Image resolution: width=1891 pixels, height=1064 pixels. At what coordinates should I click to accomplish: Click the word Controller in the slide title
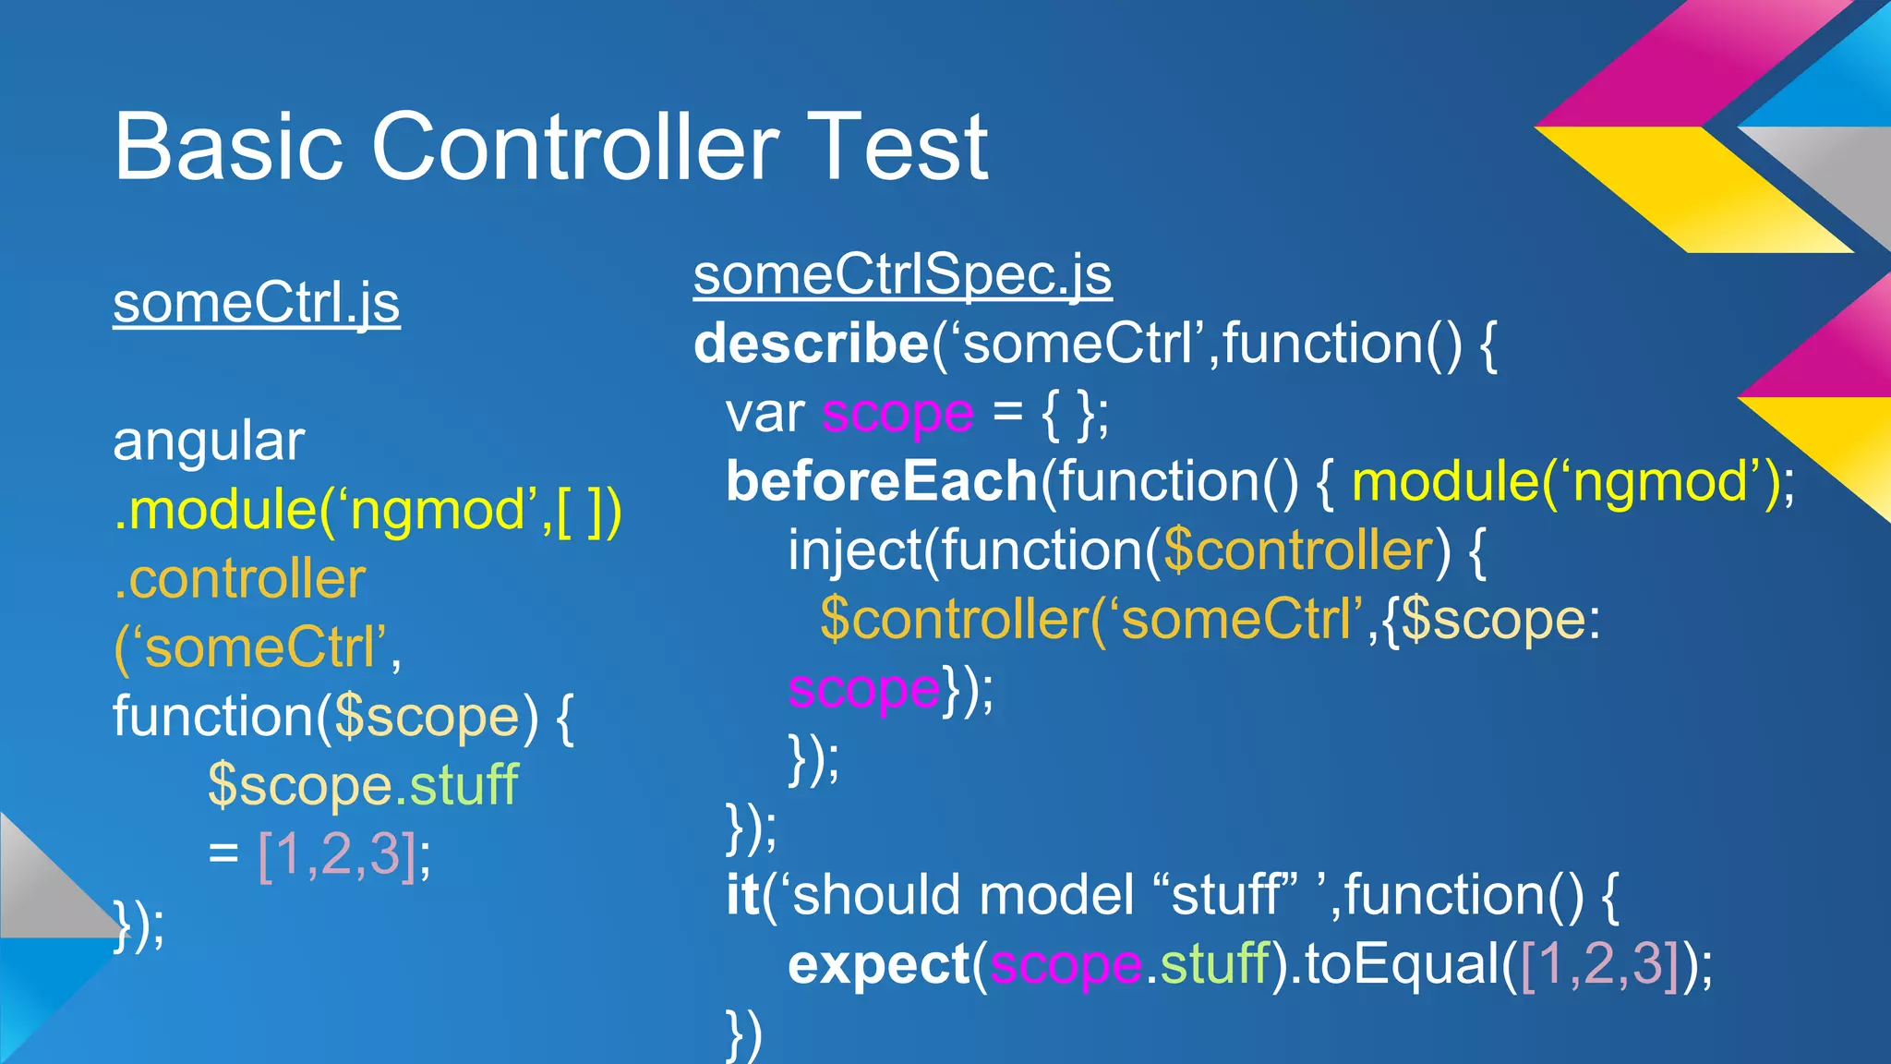tap(574, 147)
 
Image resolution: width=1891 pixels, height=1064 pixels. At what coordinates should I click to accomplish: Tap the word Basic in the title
tap(227, 147)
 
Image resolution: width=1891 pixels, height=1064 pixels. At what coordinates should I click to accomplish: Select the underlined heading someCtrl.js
tap(256, 303)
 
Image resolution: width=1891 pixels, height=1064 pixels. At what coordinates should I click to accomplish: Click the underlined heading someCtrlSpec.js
tap(902, 275)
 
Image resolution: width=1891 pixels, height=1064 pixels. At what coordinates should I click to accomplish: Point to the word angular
tap(208, 441)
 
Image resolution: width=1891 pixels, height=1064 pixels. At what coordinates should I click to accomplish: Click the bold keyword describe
tap(811, 345)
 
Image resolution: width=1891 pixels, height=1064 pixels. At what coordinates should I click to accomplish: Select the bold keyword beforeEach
tap(882, 481)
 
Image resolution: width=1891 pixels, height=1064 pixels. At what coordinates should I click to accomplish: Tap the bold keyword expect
tap(877, 965)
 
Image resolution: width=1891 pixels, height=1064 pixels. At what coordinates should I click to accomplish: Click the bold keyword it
tap(742, 896)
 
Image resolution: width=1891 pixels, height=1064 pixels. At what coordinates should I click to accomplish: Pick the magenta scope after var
tap(897, 414)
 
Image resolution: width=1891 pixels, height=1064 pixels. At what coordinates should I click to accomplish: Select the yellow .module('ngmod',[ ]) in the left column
tap(367, 511)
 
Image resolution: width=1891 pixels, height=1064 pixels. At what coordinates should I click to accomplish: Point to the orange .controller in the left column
tap(239, 579)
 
